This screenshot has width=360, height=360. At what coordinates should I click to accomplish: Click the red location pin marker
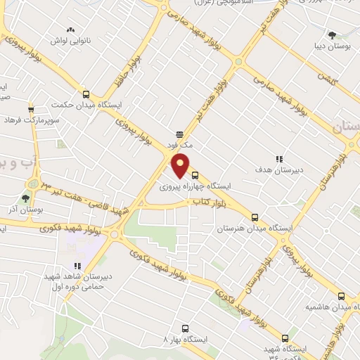point(181,165)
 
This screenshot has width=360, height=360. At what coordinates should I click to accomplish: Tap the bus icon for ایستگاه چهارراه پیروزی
point(195,176)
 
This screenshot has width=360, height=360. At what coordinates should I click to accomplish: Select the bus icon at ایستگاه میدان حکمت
point(86,94)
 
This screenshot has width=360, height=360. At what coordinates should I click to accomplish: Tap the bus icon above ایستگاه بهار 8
point(185,328)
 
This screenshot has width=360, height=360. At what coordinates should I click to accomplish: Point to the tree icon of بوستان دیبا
point(332,35)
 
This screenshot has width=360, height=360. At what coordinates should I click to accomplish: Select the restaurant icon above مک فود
point(179,134)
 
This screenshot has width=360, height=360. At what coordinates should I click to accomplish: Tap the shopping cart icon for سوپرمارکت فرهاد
point(31,110)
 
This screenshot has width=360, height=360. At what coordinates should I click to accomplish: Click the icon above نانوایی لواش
point(69,30)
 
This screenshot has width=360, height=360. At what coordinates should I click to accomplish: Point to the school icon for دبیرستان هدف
point(279,159)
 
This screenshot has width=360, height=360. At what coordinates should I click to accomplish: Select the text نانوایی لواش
point(68,41)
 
